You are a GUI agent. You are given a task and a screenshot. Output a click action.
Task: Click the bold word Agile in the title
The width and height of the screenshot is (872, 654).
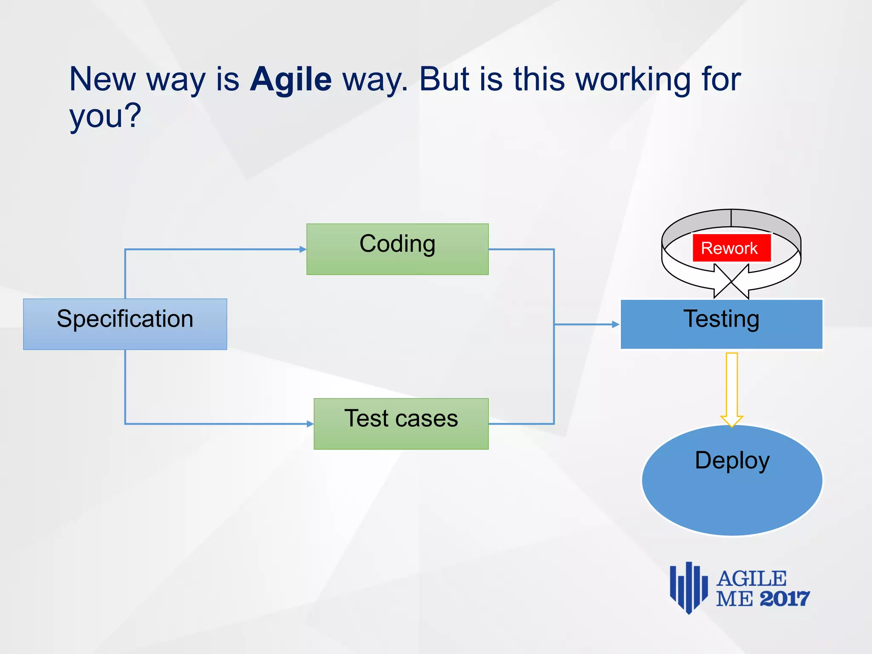(x=290, y=79)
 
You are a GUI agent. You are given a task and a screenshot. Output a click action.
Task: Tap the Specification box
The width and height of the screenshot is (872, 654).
(x=125, y=324)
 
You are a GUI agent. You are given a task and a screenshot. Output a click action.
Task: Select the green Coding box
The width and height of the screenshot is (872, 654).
(x=397, y=249)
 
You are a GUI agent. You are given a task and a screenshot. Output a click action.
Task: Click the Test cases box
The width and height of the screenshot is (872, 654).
(x=401, y=424)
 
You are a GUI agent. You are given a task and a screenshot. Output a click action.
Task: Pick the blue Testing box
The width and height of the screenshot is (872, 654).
(x=721, y=324)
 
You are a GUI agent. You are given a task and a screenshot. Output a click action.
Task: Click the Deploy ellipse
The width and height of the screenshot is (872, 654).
(x=732, y=480)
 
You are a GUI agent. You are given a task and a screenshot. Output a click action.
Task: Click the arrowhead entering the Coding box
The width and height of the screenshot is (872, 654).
(x=303, y=249)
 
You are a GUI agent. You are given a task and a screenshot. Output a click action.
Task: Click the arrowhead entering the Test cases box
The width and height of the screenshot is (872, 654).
(x=310, y=424)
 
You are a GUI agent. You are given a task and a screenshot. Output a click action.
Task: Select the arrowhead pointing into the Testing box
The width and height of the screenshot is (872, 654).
(x=616, y=324)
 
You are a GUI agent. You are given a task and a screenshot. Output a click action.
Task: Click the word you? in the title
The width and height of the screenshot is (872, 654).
(x=105, y=116)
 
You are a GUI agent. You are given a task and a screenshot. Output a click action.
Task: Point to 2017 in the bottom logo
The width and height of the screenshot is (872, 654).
(x=784, y=599)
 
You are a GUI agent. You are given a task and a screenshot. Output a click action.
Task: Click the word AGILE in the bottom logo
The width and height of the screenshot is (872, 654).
(x=751, y=579)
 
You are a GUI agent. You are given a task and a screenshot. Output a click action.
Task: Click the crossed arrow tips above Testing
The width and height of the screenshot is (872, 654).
(x=731, y=281)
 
